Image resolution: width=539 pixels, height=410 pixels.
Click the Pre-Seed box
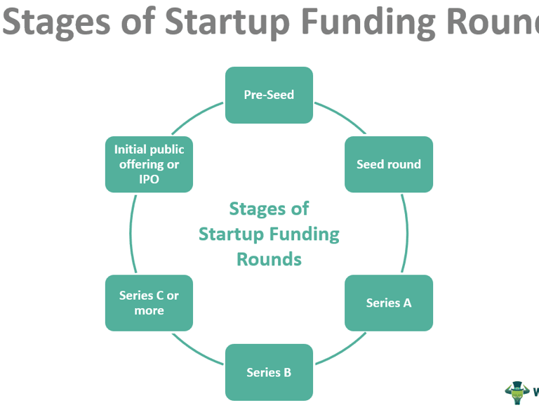tap(269, 95)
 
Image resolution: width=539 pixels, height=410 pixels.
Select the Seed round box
tap(389, 164)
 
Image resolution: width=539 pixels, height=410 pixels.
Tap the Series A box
tap(389, 303)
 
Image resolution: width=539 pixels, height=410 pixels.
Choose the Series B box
tap(269, 372)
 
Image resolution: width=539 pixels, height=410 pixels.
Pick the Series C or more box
tap(149, 303)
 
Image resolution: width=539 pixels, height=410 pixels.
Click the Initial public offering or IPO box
tap(149, 164)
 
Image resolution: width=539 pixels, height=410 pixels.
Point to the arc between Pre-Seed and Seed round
tap(340, 115)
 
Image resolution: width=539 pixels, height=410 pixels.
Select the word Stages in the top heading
tap(55, 21)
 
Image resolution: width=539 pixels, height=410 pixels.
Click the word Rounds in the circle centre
tap(269, 259)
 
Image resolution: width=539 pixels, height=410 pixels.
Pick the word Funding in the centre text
tap(306, 234)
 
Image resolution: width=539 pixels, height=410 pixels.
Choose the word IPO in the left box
tap(149, 179)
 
